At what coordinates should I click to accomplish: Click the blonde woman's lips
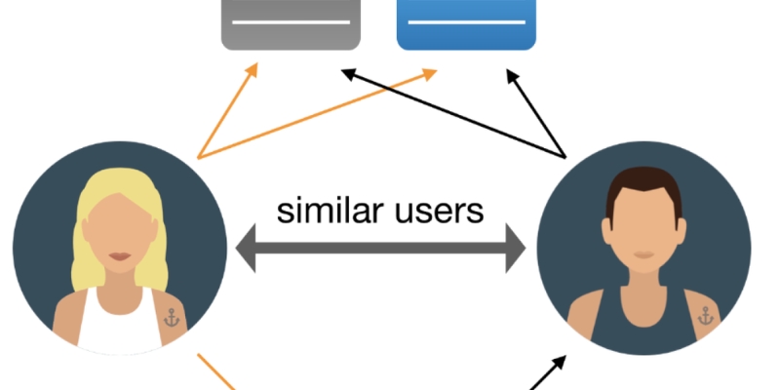click(x=119, y=256)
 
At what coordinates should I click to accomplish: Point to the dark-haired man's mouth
click(x=643, y=255)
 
